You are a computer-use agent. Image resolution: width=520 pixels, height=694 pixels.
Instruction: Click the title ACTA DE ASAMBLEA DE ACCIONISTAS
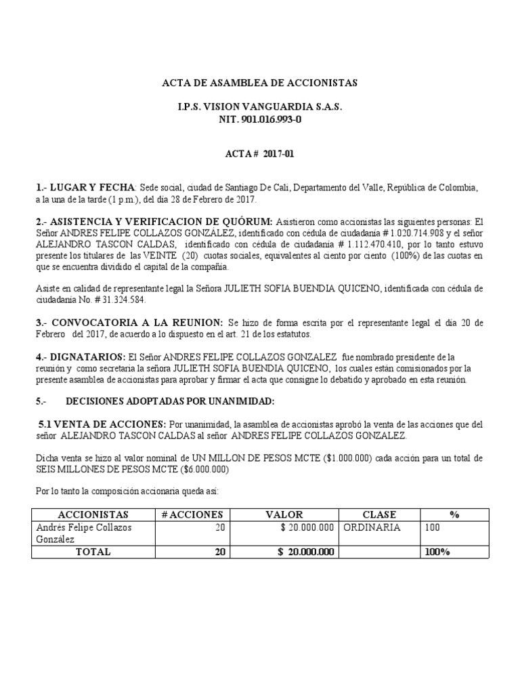click(x=259, y=83)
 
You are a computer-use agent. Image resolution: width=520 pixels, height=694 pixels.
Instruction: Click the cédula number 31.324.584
click(x=118, y=299)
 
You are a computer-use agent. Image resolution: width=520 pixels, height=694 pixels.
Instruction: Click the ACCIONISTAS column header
click(x=93, y=514)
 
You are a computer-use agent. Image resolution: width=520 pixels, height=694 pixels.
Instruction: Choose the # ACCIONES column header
click(x=192, y=514)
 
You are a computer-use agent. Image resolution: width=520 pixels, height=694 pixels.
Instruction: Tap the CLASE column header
click(x=379, y=514)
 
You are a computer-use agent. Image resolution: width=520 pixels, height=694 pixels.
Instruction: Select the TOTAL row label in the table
click(x=93, y=552)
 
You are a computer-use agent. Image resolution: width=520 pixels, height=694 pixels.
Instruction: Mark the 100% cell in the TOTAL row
click(x=437, y=552)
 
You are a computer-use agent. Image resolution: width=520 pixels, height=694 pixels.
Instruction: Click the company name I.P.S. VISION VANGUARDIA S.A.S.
click(x=259, y=107)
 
